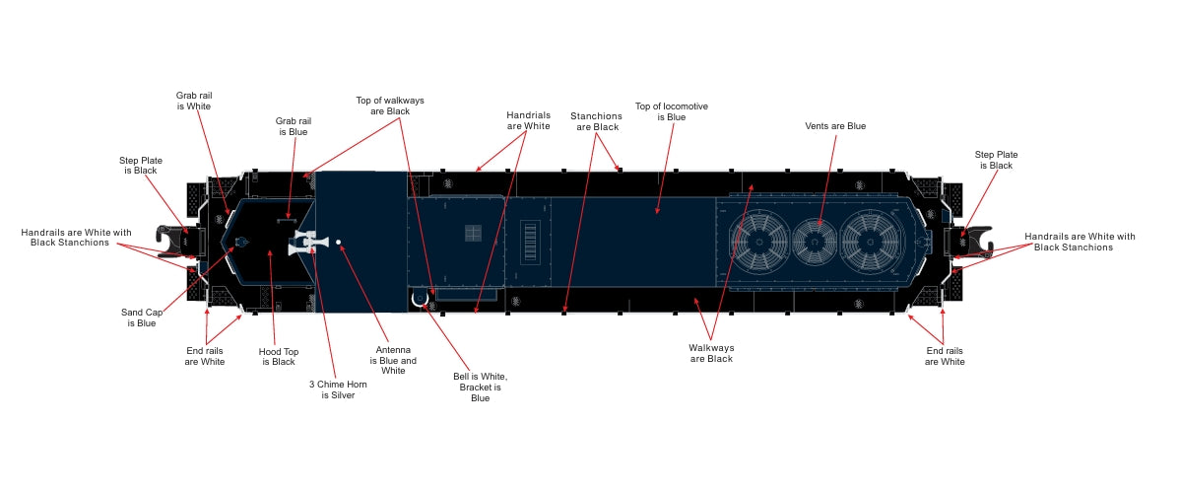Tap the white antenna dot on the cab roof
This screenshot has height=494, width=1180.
338,242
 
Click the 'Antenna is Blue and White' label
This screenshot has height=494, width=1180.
393,359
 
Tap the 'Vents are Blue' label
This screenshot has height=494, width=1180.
834,126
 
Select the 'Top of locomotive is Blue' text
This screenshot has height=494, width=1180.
672,111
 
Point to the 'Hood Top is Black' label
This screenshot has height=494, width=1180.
278,356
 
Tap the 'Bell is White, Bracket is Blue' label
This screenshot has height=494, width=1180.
480,387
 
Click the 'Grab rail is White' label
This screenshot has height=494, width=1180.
194,101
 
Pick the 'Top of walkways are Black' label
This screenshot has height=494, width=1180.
383,106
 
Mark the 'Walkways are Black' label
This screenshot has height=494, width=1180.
711,353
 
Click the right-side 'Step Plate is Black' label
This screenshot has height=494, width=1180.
995,160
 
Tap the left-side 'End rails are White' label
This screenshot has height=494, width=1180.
205,356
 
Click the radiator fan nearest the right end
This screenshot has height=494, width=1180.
872,240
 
